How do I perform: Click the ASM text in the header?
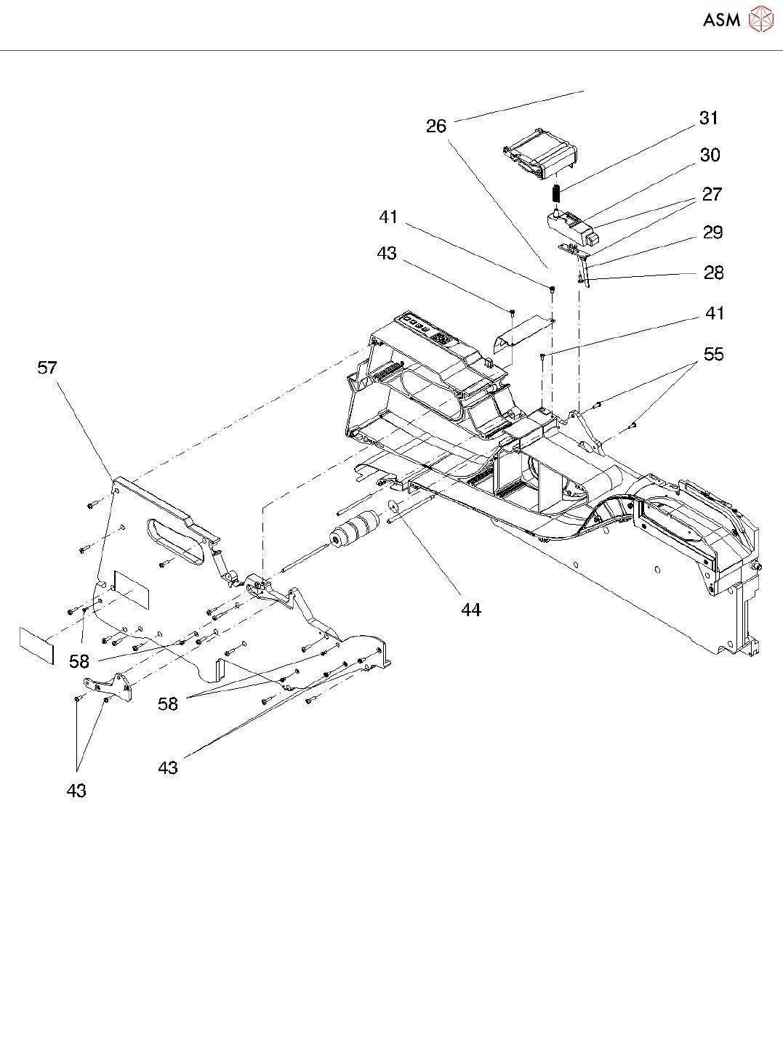coord(721,20)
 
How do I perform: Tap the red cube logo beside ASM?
coord(760,20)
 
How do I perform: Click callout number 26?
coord(436,126)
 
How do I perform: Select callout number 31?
coord(709,118)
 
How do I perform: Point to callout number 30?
coord(710,156)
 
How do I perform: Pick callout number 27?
coord(712,195)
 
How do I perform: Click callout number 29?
coord(712,233)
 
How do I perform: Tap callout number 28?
coord(714,273)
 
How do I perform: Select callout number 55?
coord(714,355)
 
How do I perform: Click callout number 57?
coord(47,368)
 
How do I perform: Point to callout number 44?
coord(471,610)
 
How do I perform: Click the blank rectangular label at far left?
coord(36,645)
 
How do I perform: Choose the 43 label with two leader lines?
coord(76,791)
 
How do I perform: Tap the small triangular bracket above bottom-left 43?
coord(109,687)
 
